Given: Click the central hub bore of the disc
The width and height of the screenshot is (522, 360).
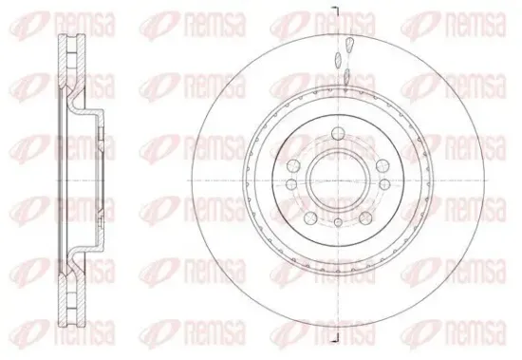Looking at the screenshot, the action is (x=338, y=180).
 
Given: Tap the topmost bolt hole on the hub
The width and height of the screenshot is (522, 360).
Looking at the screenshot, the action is (x=338, y=134).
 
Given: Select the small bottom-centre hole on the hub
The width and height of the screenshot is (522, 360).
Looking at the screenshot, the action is (x=338, y=222).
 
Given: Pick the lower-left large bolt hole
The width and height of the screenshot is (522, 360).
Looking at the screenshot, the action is (x=310, y=218).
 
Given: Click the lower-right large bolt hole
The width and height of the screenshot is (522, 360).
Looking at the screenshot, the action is (x=365, y=218).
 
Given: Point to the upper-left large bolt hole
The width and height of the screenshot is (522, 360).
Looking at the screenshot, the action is (x=293, y=165).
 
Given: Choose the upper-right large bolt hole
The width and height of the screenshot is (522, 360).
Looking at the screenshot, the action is (x=382, y=165).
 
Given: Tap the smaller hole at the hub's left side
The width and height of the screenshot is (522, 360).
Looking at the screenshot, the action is (x=291, y=184).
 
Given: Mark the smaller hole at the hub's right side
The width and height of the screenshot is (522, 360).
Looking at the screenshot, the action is (x=384, y=184).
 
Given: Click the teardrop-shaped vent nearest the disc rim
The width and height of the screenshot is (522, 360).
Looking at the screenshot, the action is (x=349, y=45).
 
